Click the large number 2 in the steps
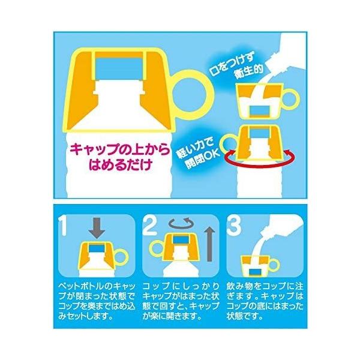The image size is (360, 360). (x=150, y=226)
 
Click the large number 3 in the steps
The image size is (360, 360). (x=234, y=226)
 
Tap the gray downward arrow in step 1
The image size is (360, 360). (x=97, y=228)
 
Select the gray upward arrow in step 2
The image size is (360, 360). (x=209, y=244)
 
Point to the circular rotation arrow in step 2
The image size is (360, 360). (x=181, y=222)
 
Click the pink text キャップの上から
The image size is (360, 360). (x=120, y=151)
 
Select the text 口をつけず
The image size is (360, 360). (x=232, y=65)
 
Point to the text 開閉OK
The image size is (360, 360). (x=203, y=158)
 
